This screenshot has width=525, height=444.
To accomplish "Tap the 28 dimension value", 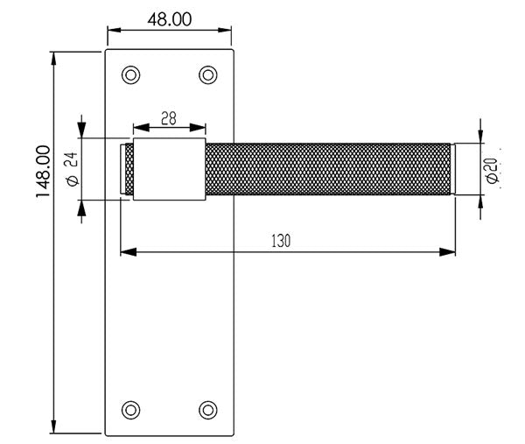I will pyautogui.click(x=169, y=117).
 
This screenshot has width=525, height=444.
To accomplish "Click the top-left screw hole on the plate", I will pyautogui.click(x=131, y=74).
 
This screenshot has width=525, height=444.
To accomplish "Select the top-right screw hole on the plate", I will pyautogui.click(x=207, y=74).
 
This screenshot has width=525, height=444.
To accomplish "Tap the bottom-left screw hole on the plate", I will pyautogui.click(x=131, y=408).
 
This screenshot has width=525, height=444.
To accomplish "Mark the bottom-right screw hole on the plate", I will pyautogui.click(x=207, y=408).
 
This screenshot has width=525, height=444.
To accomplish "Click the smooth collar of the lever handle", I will pyautogui.click(x=170, y=168).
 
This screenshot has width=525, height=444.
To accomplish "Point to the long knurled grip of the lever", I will pyautogui.click(x=328, y=168).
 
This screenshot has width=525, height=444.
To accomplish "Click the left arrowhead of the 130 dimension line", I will pyautogui.click(x=126, y=253).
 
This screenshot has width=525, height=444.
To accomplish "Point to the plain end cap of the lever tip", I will pyautogui.click(x=453, y=168).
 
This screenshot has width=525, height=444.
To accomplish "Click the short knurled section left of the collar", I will pyautogui.click(x=128, y=169).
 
